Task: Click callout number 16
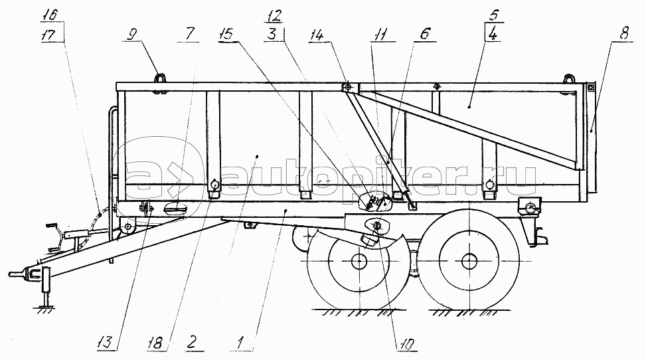49,15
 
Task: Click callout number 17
48,35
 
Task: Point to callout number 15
226,34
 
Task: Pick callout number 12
274,16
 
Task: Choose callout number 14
317,35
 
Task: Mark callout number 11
380,35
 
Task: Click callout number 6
425,33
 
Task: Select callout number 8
625,33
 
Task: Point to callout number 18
155,342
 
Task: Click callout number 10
406,343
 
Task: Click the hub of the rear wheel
469,261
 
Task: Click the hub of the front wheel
359,262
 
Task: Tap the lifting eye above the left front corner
160,77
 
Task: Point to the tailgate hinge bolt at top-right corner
590,88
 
